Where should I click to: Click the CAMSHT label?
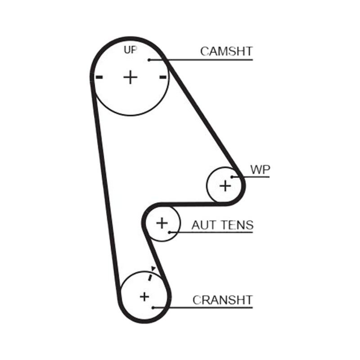coord(226,51)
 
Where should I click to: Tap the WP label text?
coord(260,170)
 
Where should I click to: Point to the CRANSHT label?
coord(222,300)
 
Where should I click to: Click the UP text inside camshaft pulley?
coord(130,49)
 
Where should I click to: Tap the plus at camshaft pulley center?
coord(130,77)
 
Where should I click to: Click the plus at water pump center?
coord(225,185)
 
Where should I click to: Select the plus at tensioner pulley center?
coord(162,223)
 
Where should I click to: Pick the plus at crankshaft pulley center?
coord(144,297)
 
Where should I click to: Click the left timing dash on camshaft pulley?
coord(99,77)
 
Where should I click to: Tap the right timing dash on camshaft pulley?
coord(163,77)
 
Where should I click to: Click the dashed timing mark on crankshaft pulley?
coord(150,278)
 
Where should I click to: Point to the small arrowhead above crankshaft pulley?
coord(153,269)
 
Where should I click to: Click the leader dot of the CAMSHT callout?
coord(149,60)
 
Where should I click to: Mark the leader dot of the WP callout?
coord(232,177)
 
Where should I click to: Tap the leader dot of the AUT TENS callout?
coord(169,232)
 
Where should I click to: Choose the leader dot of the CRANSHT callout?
coord(153,308)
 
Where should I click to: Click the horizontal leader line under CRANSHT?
coord(203,308)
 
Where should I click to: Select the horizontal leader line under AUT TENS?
coord(211,232)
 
